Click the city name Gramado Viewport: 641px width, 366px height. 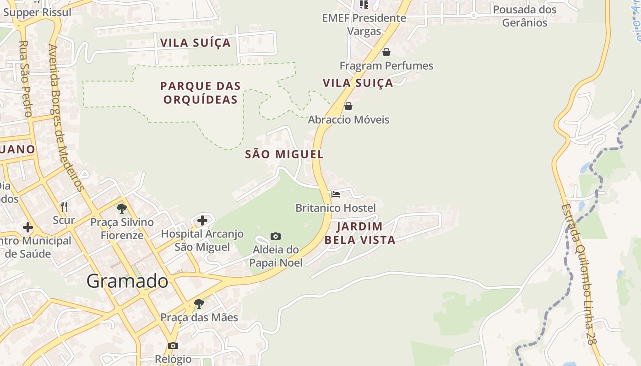tap(127, 280)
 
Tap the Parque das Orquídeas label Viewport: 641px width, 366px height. tap(200, 92)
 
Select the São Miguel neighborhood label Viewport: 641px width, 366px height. tap(284, 155)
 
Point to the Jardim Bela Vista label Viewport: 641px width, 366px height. tap(360, 233)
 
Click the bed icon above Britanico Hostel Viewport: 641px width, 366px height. tap(336, 194)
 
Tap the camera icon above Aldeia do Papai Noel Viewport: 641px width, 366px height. tap(276, 236)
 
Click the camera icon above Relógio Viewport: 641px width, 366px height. tap(173, 345)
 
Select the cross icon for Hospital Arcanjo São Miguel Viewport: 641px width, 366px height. tap(202, 221)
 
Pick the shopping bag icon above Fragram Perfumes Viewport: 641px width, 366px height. tap(386, 52)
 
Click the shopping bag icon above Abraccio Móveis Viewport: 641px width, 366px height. tap(348, 106)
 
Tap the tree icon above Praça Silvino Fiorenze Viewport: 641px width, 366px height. tap(122, 209)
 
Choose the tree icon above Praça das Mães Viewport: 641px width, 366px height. tap(199, 303)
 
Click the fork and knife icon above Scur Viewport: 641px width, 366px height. tap(64, 207)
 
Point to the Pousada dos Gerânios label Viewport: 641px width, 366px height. tap(525, 16)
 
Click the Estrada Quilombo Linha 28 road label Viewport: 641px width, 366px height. tap(579, 274)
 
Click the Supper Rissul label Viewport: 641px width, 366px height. tap(38, 12)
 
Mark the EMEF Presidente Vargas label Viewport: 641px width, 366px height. tap(364, 24)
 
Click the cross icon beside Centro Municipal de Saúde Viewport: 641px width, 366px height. tap(28, 227)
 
